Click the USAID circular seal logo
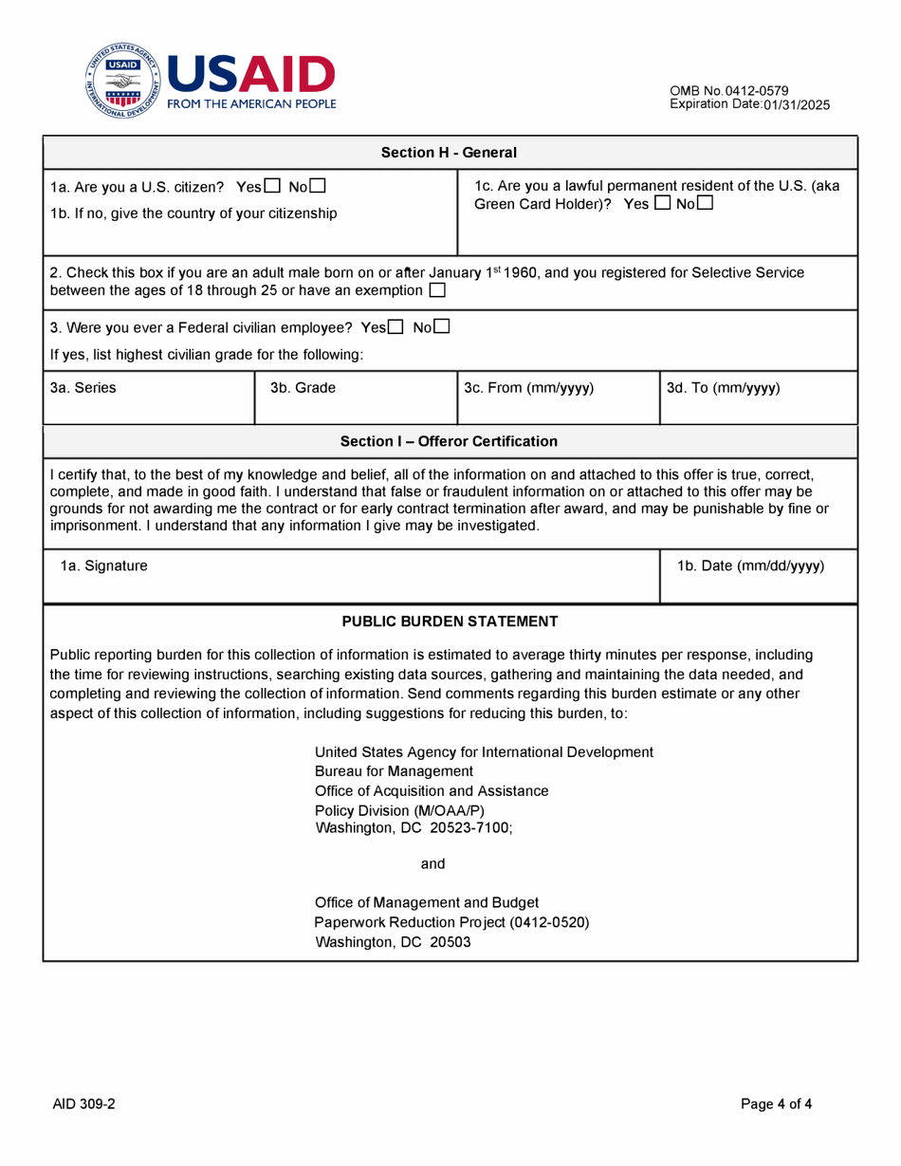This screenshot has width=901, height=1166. coord(124,81)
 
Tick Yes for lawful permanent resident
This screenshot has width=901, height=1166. coord(662,203)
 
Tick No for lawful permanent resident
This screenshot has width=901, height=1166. coord(705,203)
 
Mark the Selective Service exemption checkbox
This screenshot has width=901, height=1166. coord(437,288)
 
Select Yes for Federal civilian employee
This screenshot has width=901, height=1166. coord(397,327)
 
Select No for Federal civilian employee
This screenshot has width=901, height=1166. coord(442,327)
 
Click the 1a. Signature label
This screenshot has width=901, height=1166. coord(103,566)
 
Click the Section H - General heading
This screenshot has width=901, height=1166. coord(449,152)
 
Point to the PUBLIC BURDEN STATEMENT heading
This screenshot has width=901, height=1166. coord(450,621)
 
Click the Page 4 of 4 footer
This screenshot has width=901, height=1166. coord(776,1103)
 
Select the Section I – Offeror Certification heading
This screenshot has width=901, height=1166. coord(449,441)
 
